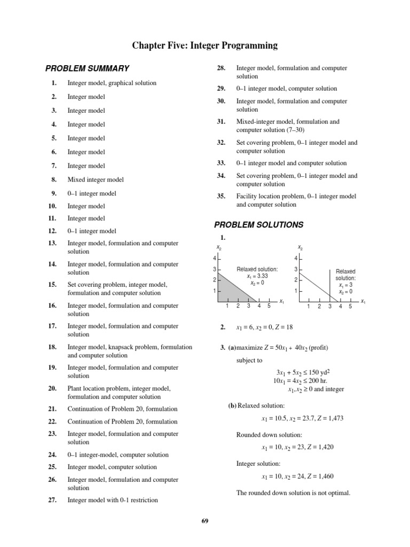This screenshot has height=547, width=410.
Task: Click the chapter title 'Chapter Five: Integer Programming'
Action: pos(205,46)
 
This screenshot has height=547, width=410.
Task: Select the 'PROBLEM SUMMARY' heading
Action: pos(87,68)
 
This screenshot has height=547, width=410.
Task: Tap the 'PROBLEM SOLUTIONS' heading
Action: pos(258,225)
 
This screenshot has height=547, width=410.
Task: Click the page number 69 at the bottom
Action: pos(204,521)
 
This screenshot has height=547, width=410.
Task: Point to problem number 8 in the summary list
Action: pos(54,180)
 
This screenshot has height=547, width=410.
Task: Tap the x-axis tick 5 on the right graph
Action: pos(350,307)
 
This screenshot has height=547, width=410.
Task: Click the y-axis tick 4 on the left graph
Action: pos(214,259)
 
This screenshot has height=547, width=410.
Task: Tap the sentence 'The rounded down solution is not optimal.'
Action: pos(293,493)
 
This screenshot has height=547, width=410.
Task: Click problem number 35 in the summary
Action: pos(221,197)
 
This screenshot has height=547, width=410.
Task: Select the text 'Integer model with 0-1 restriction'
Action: pos(113,501)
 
